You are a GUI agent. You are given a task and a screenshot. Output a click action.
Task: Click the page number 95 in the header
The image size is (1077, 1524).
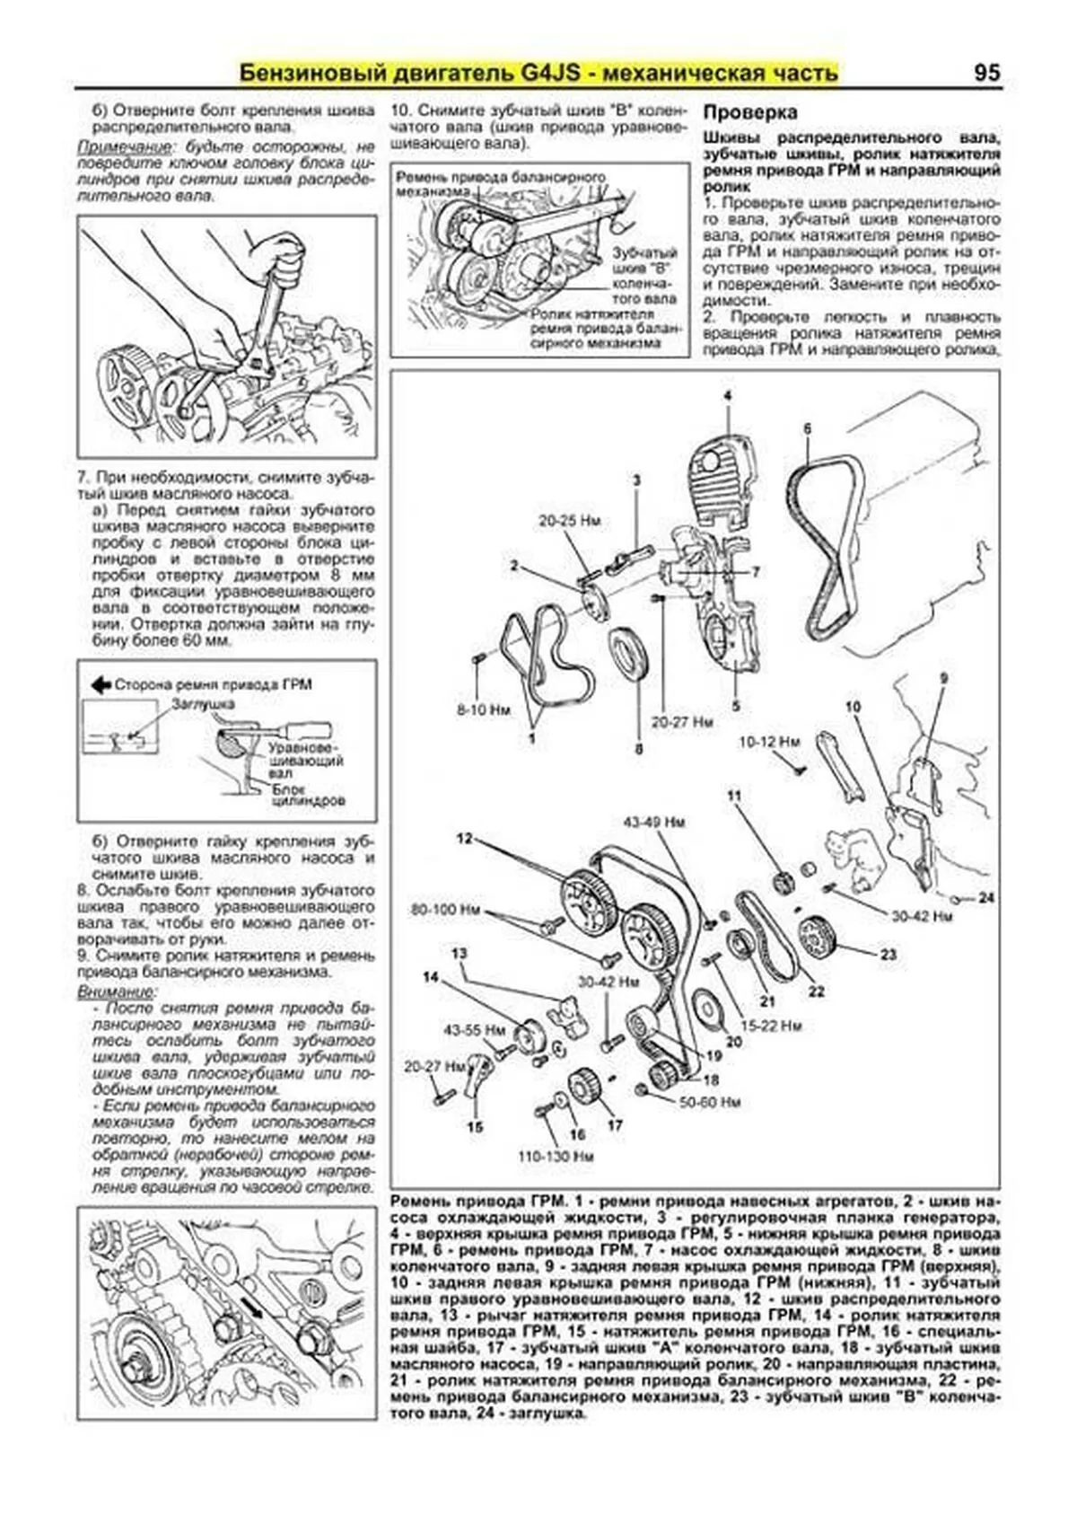click(986, 72)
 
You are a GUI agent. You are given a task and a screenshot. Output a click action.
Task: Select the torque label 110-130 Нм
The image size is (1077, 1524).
click(556, 1157)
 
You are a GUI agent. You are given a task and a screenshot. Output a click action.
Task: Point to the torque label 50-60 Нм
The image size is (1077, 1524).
click(709, 1101)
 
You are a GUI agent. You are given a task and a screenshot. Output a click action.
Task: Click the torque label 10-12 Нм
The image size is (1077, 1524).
click(769, 742)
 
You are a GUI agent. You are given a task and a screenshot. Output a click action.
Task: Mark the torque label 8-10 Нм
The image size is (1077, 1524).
click(483, 709)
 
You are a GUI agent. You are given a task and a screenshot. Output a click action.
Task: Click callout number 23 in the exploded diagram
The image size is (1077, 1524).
click(888, 954)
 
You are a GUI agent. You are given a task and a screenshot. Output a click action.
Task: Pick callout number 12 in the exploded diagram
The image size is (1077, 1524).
click(463, 838)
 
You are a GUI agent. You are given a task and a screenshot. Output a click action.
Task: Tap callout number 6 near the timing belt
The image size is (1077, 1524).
click(807, 429)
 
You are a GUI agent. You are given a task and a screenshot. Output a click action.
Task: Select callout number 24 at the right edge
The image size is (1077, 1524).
click(986, 897)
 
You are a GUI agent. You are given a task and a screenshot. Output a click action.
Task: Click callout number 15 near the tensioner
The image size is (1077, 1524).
click(475, 1126)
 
